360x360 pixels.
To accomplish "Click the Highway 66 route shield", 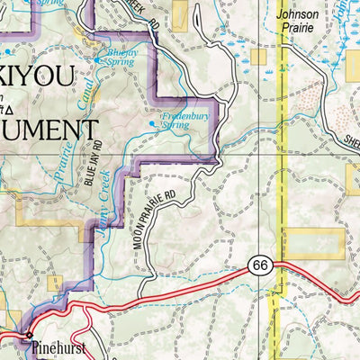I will [x=260, y=264].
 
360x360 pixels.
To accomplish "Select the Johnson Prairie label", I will [x=297, y=21].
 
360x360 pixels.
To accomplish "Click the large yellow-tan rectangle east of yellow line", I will [x=315, y=243].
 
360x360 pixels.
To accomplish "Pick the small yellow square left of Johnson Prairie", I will [x=260, y=57].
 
